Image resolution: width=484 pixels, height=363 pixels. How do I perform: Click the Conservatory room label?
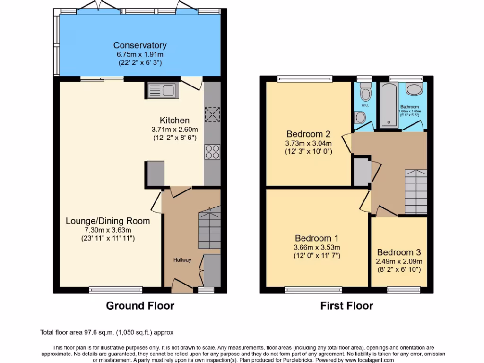click(x=139, y=45)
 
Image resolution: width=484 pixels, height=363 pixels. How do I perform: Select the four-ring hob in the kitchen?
click(x=212, y=152)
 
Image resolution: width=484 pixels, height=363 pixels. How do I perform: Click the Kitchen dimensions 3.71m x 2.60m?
click(x=174, y=129)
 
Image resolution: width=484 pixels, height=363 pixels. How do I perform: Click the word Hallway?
click(x=182, y=260)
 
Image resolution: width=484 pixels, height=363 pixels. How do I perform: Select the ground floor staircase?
click(x=209, y=226)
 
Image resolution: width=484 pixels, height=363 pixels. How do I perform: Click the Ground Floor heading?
click(x=140, y=306)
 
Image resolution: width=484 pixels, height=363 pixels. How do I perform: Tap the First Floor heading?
click(x=346, y=306)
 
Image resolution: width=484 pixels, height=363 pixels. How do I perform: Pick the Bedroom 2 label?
click(x=308, y=134)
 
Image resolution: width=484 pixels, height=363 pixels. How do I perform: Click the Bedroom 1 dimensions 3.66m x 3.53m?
click(x=316, y=247)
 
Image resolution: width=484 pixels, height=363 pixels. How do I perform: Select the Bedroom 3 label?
click(x=398, y=252)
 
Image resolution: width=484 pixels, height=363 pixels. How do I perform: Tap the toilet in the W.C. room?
click(x=365, y=90)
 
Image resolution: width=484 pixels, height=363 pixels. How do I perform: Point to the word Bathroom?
click(x=409, y=107)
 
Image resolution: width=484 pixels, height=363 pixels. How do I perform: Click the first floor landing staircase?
click(x=415, y=191)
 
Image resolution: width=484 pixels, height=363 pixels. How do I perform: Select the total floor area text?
click(x=109, y=333)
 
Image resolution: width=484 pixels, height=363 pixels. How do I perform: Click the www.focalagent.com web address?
click(x=366, y=360)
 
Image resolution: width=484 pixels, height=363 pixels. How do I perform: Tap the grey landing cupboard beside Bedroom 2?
click(x=362, y=172)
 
